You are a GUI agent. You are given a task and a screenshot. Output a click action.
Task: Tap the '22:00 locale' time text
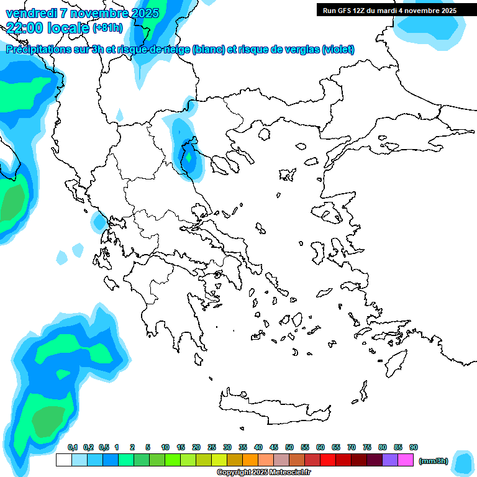[47, 27]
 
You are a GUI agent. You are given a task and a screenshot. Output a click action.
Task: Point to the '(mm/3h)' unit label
[433, 460]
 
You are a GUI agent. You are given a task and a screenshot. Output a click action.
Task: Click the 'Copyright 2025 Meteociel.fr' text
[263, 473]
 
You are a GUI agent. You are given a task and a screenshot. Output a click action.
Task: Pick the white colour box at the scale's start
[63, 460]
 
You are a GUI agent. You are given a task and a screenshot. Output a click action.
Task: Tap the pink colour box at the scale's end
[406, 460]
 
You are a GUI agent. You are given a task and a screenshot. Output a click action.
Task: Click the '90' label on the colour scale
[414, 447]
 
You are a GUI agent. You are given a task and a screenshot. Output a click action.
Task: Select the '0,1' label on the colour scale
[72, 447]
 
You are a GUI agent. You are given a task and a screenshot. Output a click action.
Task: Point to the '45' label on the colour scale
[274, 447]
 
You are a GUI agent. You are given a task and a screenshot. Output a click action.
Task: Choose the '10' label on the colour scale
[165, 447]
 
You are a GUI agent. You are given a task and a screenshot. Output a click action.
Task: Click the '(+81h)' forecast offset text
[107, 27]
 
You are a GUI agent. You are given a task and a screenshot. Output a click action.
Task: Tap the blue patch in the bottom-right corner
[463, 463]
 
